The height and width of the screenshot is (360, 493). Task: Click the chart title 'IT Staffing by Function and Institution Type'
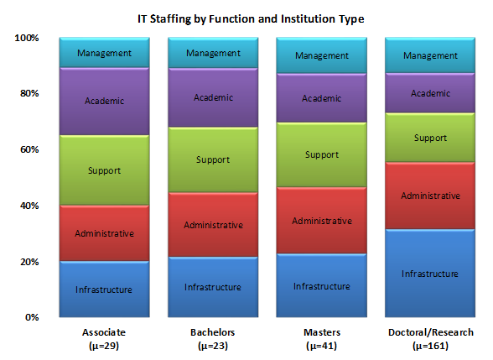(251, 18)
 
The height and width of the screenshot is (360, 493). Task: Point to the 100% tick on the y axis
(27, 38)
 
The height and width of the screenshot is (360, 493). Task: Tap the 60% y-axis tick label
(29, 149)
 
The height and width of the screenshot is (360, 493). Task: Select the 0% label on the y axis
(32, 317)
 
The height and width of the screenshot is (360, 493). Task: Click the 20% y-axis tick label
(29, 262)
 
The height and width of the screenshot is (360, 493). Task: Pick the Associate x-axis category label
(104, 339)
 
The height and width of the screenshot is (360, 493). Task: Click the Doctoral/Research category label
(431, 339)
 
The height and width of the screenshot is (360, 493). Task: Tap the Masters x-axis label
(322, 339)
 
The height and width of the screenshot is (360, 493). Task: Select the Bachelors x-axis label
(213, 339)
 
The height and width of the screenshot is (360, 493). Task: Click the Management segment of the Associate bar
(104, 53)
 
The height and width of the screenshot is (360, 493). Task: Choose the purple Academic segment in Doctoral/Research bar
(430, 93)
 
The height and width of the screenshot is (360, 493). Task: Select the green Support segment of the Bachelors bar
(213, 159)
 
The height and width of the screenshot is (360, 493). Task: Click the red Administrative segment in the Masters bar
(322, 220)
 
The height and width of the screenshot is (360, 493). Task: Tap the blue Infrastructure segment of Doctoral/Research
(430, 274)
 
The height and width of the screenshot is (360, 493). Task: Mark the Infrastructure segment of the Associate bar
(104, 289)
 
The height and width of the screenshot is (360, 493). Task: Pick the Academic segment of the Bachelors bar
(213, 97)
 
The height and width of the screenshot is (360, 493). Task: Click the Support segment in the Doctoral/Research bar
(430, 138)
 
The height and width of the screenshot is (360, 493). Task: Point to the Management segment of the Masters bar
(322, 55)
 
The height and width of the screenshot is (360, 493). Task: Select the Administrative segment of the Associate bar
(104, 233)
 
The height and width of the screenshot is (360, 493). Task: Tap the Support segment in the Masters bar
(322, 154)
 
